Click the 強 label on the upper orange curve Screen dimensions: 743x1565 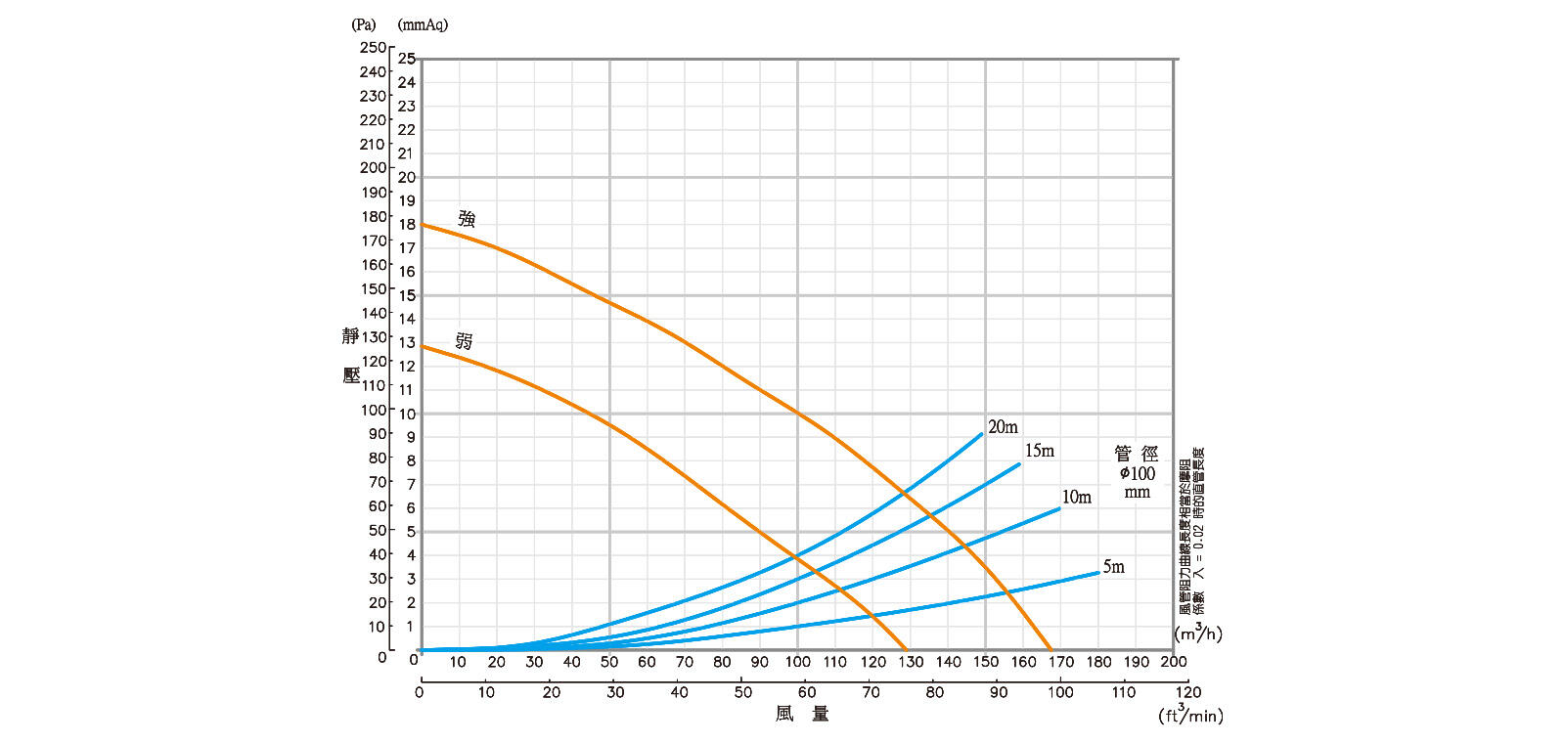click(x=467, y=219)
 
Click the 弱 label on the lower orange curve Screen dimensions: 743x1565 click(x=464, y=341)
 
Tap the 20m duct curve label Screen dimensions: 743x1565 click(x=1003, y=427)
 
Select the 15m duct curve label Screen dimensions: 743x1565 click(x=1039, y=451)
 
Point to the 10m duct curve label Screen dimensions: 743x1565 click(x=1076, y=498)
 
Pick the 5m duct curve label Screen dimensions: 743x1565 click(x=1113, y=567)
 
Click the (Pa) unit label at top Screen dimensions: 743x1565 click(x=363, y=25)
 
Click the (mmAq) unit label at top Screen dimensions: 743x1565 click(x=423, y=25)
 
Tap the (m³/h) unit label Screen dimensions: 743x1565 click(x=1198, y=634)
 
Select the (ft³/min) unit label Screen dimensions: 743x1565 click(x=1190, y=715)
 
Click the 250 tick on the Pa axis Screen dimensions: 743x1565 click(x=373, y=48)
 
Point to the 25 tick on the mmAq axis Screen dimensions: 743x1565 click(x=407, y=60)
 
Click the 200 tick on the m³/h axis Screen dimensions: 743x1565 click(x=1174, y=662)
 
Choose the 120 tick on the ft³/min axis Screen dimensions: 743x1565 click(x=1187, y=692)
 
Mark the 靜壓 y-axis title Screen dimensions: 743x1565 click(x=351, y=355)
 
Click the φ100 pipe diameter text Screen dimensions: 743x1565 click(x=1137, y=474)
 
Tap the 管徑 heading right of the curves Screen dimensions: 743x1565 click(x=1137, y=454)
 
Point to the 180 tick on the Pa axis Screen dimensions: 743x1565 click(x=373, y=216)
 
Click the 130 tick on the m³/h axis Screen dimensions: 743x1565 click(x=911, y=662)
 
